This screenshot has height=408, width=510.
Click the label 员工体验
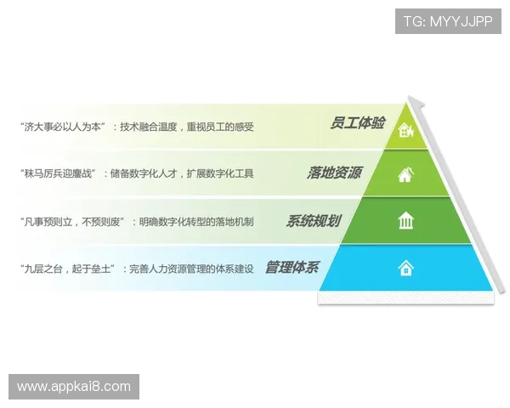click(357, 124)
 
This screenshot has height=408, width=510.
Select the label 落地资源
click(334, 173)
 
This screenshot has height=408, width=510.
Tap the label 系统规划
click(313, 221)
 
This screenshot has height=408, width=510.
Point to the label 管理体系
click(292, 268)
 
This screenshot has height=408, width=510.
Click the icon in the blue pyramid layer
click(406, 269)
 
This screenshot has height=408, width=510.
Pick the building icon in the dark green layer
click(406, 222)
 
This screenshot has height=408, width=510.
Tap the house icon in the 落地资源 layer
click(406, 175)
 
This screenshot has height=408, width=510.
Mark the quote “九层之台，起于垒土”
click(72, 269)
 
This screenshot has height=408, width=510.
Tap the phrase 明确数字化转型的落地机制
click(199, 221)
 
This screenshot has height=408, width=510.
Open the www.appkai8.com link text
click(74, 387)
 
